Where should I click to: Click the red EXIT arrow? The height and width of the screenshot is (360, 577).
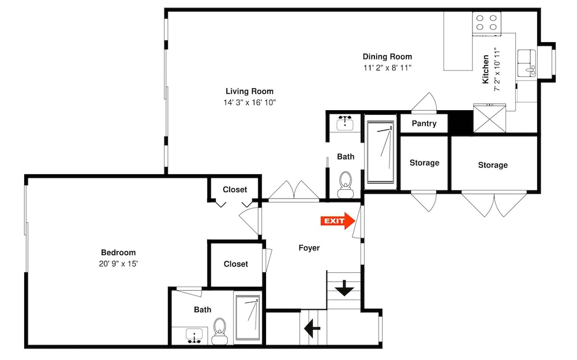click(338, 221)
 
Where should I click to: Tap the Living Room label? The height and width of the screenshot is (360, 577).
click(249, 91)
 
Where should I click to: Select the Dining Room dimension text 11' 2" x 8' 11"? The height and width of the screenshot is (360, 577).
click(388, 67)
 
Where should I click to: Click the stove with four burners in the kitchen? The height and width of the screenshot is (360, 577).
click(486, 23)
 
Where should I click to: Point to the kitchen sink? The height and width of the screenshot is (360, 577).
click(527, 63)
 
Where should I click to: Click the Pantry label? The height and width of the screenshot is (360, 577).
click(424, 123)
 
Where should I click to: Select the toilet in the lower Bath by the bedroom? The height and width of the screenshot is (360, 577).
click(220, 331)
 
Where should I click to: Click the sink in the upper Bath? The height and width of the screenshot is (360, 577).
click(345, 122)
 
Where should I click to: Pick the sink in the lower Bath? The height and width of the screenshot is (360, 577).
click(194, 336)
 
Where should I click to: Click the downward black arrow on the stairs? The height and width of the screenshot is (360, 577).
click(344, 288)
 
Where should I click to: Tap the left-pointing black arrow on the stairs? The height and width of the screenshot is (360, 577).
click(312, 328)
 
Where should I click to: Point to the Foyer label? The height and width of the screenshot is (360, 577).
click(309, 248)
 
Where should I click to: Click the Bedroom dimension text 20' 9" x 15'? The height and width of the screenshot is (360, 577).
click(118, 264)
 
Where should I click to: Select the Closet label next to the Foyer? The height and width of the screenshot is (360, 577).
click(236, 264)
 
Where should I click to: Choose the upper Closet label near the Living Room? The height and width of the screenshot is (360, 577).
click(235, 190)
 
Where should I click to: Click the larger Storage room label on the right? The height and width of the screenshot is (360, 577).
click(493, 165)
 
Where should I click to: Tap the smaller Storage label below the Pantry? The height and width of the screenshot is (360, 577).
click(424, 163)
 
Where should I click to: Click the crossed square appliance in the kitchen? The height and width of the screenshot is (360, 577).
click(489, 118)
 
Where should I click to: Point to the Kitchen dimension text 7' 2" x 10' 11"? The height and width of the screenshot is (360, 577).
click(497, 69)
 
